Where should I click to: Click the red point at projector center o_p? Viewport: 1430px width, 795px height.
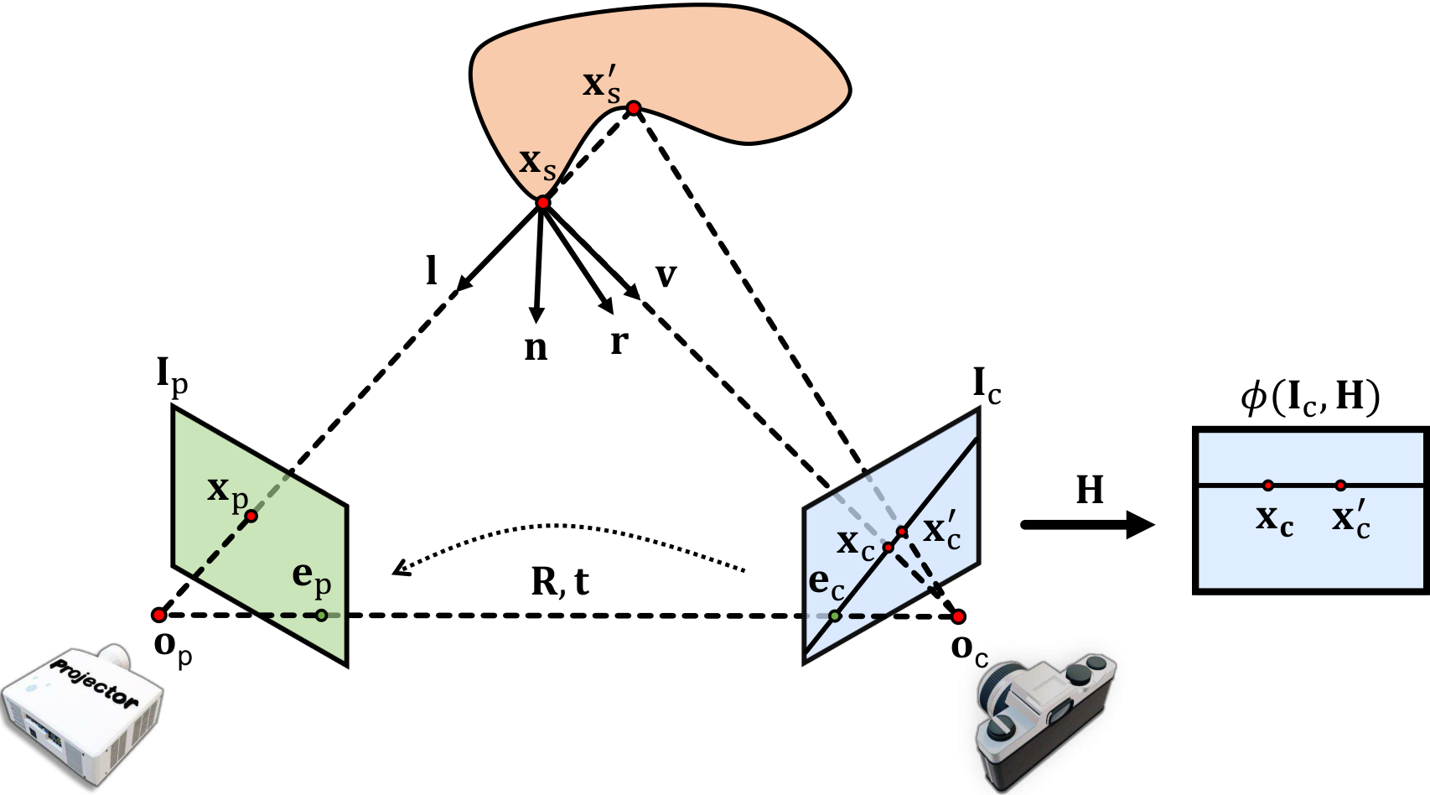[159, 615]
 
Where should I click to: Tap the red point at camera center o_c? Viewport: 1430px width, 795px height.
[958, 616]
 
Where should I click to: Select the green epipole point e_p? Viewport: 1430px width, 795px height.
[322, 615]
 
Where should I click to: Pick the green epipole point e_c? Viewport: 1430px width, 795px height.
[834, 616]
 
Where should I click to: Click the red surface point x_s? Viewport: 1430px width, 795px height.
[542, 203]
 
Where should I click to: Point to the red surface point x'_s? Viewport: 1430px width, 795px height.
[633, 108]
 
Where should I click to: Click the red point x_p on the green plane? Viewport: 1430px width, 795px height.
[251, 516]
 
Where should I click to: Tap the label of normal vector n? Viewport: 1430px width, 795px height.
[536, 349]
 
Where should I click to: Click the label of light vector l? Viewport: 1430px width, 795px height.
[433, 270]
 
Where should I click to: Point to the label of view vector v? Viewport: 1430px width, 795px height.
[666, 276]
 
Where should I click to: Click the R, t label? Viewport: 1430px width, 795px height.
[560, 582]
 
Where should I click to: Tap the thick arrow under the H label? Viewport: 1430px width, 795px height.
[1089, 525]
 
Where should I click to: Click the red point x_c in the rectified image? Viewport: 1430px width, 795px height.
[1268, 486]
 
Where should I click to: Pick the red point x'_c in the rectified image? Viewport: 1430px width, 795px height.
[1340, 486]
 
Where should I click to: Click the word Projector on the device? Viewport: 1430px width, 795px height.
[94, 681]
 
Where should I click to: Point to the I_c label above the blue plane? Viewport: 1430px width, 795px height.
[987, 387]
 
